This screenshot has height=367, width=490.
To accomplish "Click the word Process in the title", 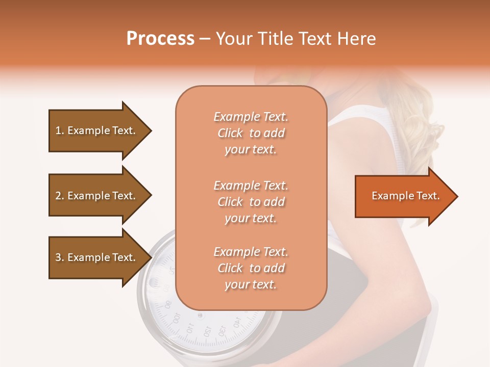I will pyautogui.click(x=160, y=38).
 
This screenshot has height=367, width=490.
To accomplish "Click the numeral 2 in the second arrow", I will pyautogui.click(x=58, y=196).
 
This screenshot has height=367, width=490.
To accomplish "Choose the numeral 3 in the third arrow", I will pyautogui.click(x=58, y=257).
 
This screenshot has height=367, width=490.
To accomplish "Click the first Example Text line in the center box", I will pyautogui.click(x=251, y=117).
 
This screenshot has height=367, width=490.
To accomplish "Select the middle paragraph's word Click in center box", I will pyautogui.click(x=230, y=202).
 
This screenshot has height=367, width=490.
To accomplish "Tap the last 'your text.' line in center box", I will pyautogui.click(x=251, y=284).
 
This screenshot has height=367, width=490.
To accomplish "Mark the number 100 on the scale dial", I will pyautogui.click(x=177, y=318).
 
